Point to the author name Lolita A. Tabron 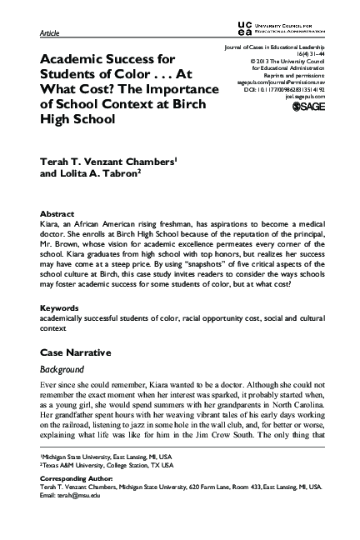[100, 177]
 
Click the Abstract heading [57, 213]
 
